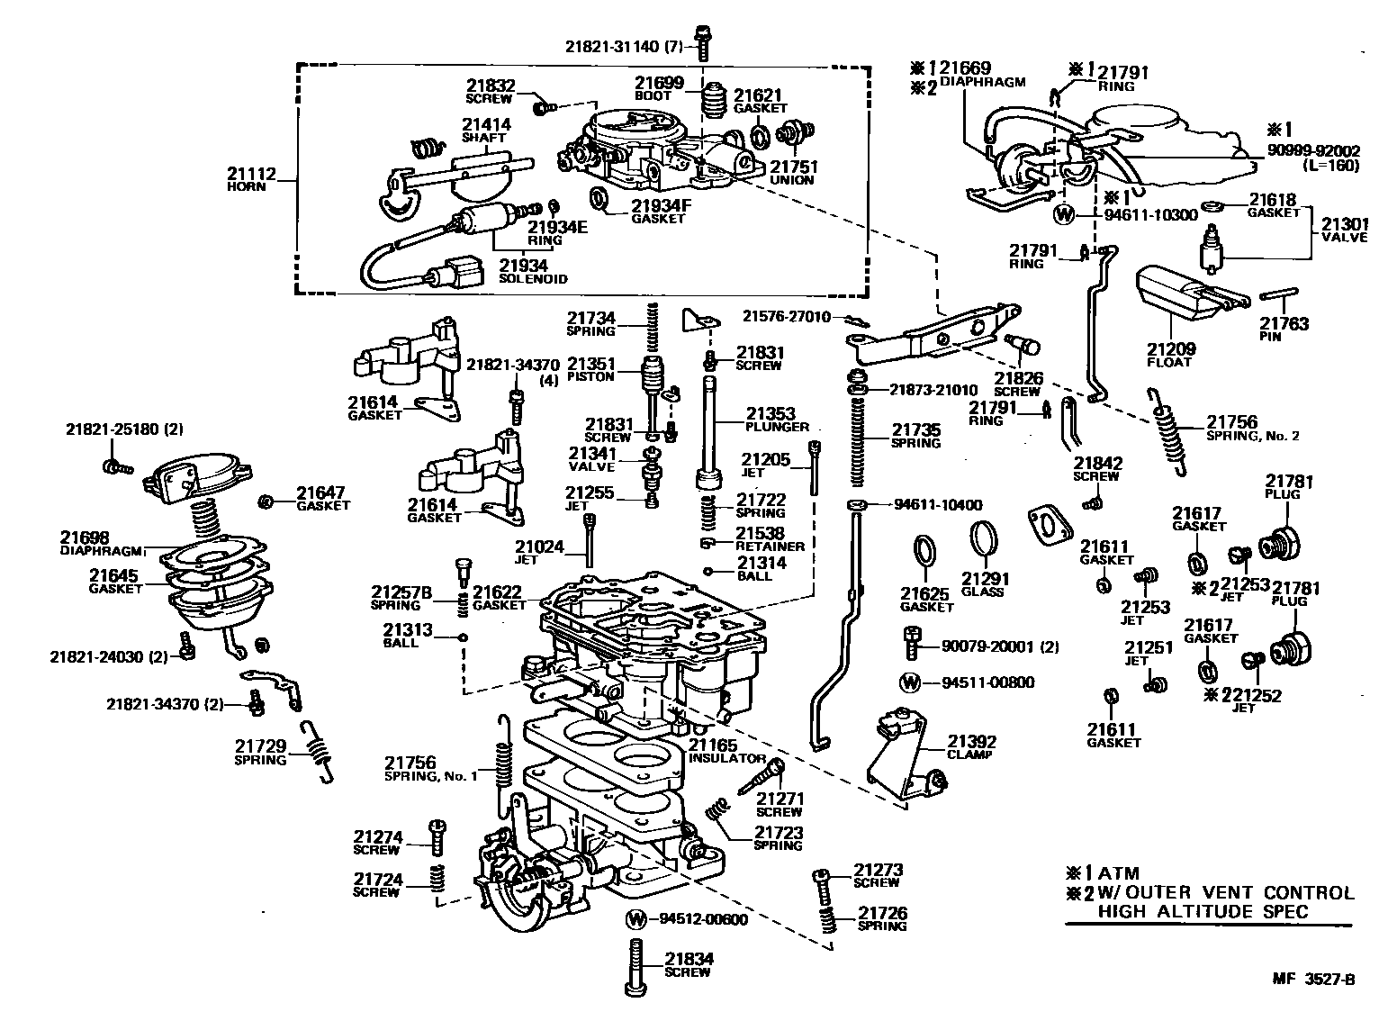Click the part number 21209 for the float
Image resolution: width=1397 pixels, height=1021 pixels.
pyautogui.click(x=1169, y=348)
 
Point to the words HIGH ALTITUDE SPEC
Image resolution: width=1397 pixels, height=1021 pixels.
pyautogui.click(x=1203, y=910)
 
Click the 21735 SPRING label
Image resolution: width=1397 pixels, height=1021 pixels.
pyautogui.click(x=915, y=436)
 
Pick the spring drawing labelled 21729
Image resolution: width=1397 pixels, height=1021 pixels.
pyautogui.click(x=318, y=748)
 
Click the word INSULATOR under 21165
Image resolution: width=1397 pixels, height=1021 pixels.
pyautogui.click(x=726, y=758)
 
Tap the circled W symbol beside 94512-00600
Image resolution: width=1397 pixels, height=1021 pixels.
pyautogui.click(x=636, y=919)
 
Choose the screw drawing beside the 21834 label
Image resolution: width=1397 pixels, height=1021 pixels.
pyautogui.click(x=636, y=966)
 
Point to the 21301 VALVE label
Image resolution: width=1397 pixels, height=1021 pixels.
pyautogui.click(x=1344, y=230)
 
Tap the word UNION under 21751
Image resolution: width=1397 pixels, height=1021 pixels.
pyautogui.click(x=792, y=180)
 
